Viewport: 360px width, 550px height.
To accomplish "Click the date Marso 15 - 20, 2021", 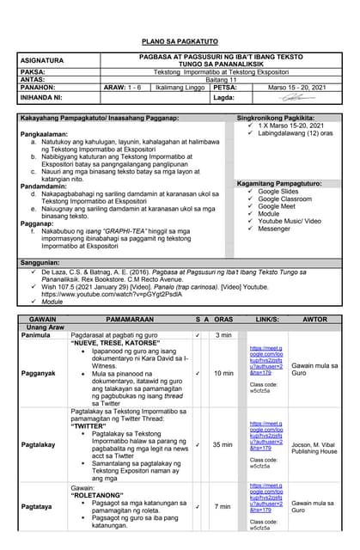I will (296, 88).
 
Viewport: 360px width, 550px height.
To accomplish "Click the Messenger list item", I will (275, 229).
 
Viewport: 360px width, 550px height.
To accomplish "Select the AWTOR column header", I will (315, 319).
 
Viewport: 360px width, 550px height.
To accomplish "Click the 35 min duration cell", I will (223, 444).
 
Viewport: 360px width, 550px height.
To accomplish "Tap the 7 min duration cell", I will (223, 506).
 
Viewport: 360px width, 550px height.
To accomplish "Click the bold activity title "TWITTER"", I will (88, 425).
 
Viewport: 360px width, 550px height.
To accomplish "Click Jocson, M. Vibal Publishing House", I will (314, 448).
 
